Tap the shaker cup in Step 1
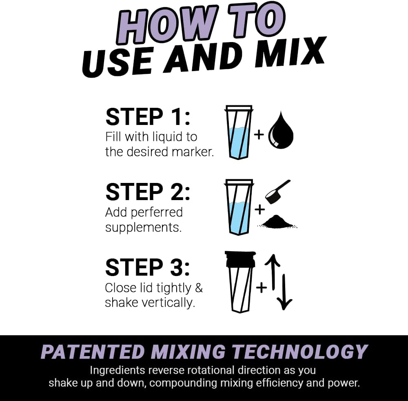(239, 132)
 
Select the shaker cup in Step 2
(239, 207)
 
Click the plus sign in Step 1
(259, 134)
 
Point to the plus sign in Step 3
(261, 287)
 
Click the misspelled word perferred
(157, 212)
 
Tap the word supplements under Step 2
(143, 227)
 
